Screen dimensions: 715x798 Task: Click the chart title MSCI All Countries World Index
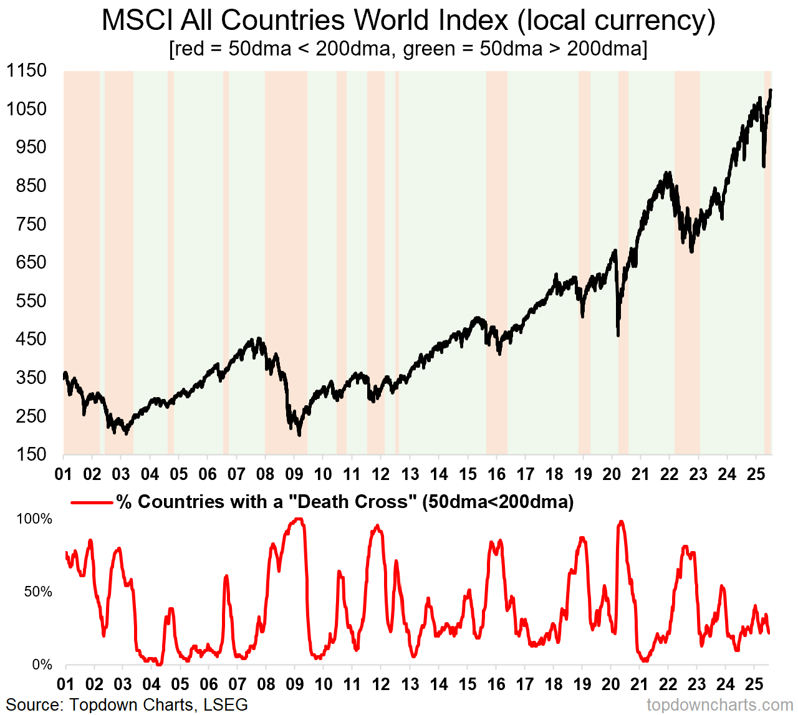pos(408,21)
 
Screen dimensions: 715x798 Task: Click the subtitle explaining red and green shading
pos(408,49)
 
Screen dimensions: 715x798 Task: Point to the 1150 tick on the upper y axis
pos(27,70)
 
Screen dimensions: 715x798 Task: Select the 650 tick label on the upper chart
pos(31,262)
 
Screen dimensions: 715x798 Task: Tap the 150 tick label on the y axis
pos(31,454)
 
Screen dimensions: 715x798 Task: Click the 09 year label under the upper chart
pos(294,474)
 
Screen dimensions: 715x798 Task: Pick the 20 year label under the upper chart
pos(612,474)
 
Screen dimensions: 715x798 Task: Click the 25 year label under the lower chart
pos(754,684)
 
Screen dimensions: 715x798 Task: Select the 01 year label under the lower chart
pos(65,684)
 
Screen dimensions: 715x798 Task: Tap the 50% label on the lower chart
pos(38,592)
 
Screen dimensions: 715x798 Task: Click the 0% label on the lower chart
pos(42,665)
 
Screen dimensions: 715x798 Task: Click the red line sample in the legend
pos(92,502)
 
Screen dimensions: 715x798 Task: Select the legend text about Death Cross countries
pos(345,502)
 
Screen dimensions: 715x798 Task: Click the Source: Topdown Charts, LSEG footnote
pos(127,705)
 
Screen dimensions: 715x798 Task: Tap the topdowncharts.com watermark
pos(720,706)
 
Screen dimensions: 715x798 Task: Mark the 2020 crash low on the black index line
pos(618,335)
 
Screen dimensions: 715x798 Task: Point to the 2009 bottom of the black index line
pos(299,434)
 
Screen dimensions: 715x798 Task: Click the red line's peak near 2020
pos(620,522)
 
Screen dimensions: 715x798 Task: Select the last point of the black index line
pos(771,90)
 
